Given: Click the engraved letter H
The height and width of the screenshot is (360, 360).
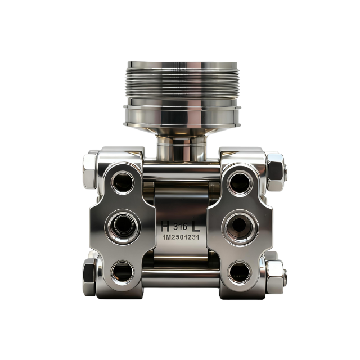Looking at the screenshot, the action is click(x=165, y=226).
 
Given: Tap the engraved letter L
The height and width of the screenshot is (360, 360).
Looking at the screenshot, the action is click(x=196, y=226).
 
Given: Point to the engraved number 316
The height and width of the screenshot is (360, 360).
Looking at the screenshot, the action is click(x=181, y=227).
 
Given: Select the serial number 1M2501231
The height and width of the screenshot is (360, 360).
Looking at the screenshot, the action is click(x=181, y=237).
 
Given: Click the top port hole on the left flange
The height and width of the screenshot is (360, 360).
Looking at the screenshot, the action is click(x=123, y=182).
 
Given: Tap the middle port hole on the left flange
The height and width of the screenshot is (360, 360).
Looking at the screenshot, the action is click(x=123, y=226).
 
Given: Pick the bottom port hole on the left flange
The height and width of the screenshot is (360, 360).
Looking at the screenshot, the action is click(x=123, y=272).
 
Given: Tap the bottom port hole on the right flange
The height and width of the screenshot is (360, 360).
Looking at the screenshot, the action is click(x=240, y=273).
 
